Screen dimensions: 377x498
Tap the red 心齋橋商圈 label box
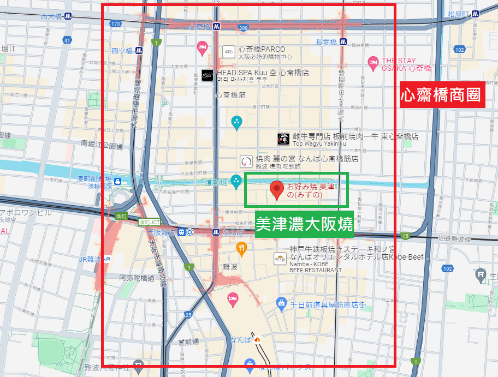click(x=442, y=95)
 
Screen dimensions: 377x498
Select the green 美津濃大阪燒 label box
click(x=304, y=224)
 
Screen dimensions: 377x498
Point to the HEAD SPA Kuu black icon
click(x=206, y=76)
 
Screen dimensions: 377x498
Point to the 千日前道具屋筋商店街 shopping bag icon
click(x=281, y=302)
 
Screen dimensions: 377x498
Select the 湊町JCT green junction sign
click(x=149, y=222)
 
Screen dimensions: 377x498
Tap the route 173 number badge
click(x=115, y=24)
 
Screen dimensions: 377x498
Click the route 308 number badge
click(x=243, y=27)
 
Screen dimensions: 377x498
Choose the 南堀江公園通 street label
click(x=102, y=145)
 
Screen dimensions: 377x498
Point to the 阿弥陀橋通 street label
click(x=137, y=278)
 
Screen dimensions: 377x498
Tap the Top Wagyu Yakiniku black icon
click(x=283, y=139)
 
